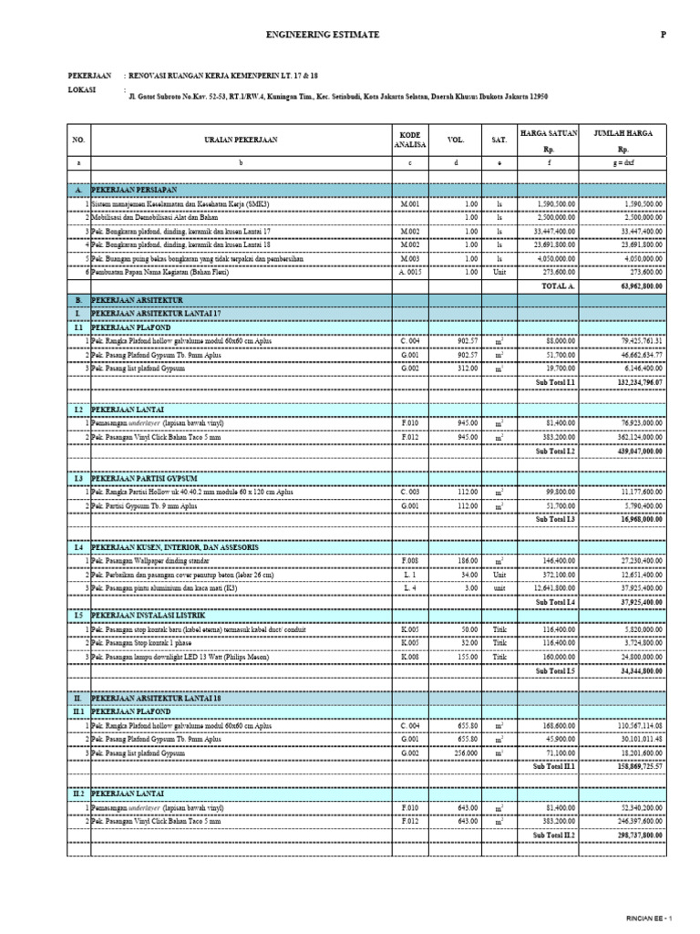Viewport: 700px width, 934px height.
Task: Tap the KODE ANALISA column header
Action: point(410,140)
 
